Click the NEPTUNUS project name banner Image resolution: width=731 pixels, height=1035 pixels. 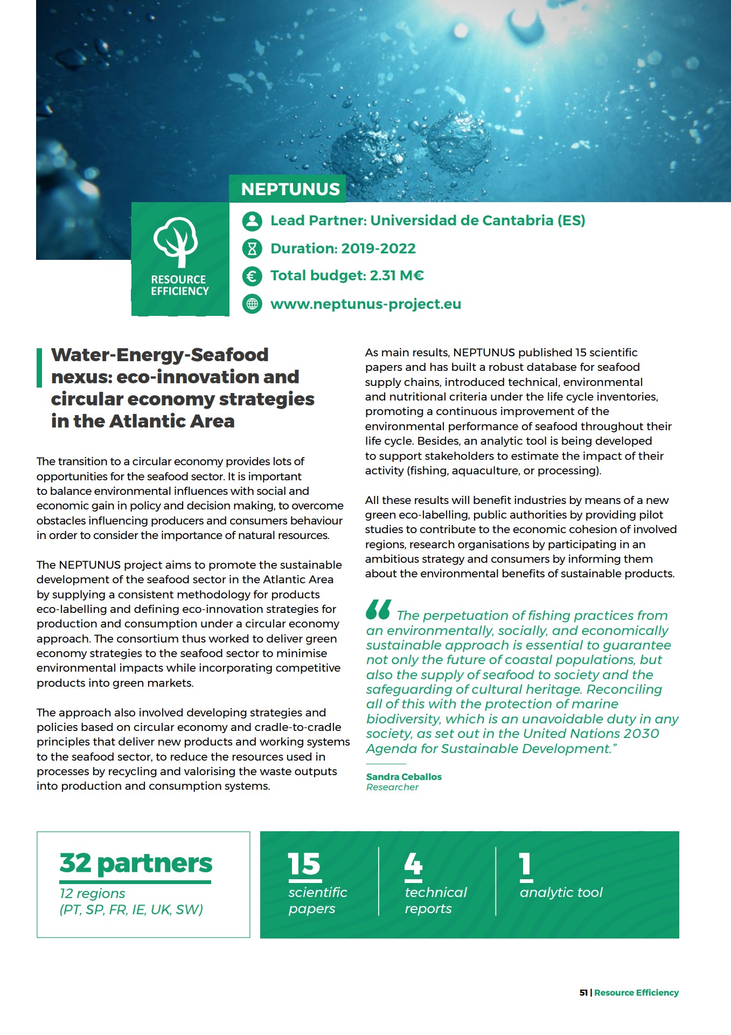click(x=290, y=189)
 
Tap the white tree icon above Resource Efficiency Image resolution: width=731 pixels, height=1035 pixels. click(x=176, y=241)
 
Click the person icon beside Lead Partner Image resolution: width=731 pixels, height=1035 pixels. click(x=252, y=220)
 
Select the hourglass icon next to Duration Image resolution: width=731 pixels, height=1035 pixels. click(x=252, y=249)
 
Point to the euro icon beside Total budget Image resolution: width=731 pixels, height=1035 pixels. click(x=252, y=276)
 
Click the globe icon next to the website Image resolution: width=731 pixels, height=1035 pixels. click(x=252, y=304)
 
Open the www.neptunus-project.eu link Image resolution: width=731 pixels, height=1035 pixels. click(x=365, y=304)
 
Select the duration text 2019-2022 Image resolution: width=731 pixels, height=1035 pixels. click(x=378, y=249)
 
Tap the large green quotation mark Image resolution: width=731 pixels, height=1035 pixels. click(x=378, y=610)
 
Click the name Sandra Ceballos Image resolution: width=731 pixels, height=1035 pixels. click(x=403, y=777)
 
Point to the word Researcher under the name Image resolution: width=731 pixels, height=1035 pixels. click(x=392, y=787)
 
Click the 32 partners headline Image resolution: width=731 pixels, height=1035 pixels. click(x=136, y=863)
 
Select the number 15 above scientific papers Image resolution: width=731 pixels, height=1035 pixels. click(x=304, y=864)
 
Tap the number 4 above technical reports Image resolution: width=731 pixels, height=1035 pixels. click(x=413, y=864)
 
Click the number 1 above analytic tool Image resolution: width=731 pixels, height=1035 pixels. click(x=525, y=864)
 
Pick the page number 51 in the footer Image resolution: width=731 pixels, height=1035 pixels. click(x=583, y=992)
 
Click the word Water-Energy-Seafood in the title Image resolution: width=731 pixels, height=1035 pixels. click(x=159, y=355)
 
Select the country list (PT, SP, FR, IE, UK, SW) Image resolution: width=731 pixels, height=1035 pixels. click(x=131, y=909)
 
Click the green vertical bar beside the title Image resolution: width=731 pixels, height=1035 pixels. click(x=39, y=368)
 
